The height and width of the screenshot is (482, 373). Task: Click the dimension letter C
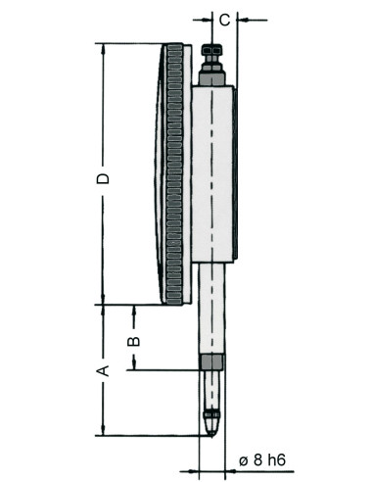pyautogui.click(x=224, y=19)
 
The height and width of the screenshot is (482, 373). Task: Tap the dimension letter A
pyautogui.click(x=102, y=370)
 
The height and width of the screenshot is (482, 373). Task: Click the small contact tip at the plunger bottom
pyautogui.click(x=210, y=426)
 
